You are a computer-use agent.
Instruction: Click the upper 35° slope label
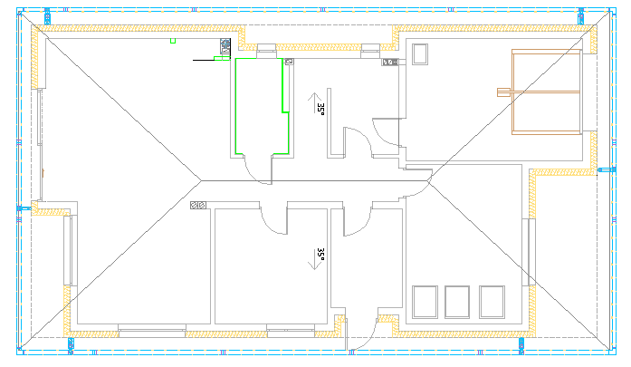point(320,107)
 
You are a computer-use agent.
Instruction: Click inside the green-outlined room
point(259,104)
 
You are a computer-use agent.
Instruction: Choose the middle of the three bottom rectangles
point(458,301)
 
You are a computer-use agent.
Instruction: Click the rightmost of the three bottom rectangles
point(491,301)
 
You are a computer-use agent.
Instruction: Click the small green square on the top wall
point(172,40)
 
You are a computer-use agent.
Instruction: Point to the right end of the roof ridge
point(431,180)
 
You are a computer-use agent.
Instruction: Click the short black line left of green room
point(202,60)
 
